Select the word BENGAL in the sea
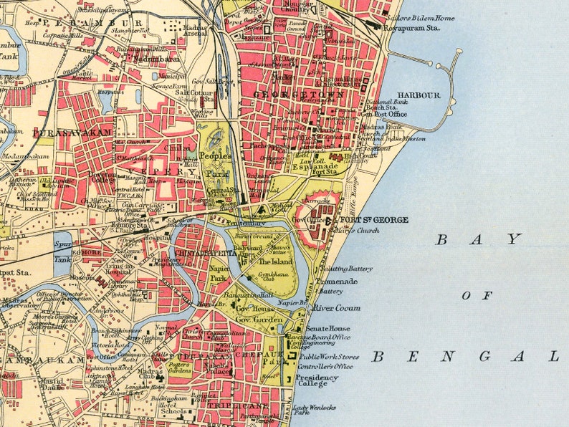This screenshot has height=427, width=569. pyautogui.click(x=465, y=356)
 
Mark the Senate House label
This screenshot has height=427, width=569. pyautogui.click(x=327, y=327)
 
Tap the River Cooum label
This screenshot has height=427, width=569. pyautogui.click(x=337, y=308)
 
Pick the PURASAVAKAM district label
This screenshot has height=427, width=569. pyautogui.click(x=72, y=133)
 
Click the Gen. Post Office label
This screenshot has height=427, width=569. pyautogui.click(x=383, y=114)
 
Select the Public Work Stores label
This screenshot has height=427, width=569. pyautogui.click(x=329, y=356)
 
